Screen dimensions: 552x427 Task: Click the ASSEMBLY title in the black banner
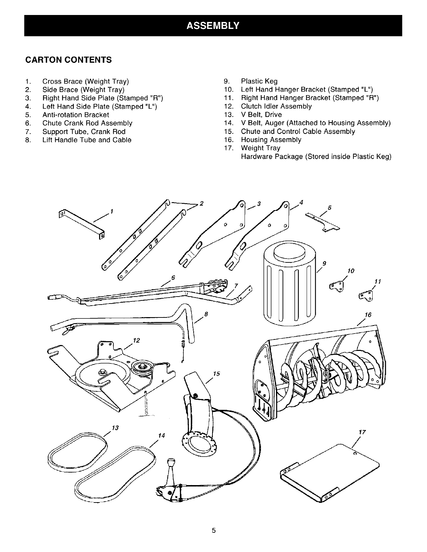pos(213,25)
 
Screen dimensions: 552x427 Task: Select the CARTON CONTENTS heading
pos(68,60)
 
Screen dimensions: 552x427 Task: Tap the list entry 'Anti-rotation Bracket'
pos(76,115)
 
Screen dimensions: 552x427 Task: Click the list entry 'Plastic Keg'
pos(259,81)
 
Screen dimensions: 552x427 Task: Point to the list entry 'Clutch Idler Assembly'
pos(276,106)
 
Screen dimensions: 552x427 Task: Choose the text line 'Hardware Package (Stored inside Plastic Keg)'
pos(316,156)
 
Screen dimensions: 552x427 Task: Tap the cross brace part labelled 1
pos(82,223)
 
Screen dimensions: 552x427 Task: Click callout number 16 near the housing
pos(368,315)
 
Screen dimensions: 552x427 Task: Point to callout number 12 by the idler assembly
pos(136,340)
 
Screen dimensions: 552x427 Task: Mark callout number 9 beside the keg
pos(324,263)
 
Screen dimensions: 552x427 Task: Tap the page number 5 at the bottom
pos(214,531)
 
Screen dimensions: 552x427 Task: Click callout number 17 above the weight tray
pos(362,432)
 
